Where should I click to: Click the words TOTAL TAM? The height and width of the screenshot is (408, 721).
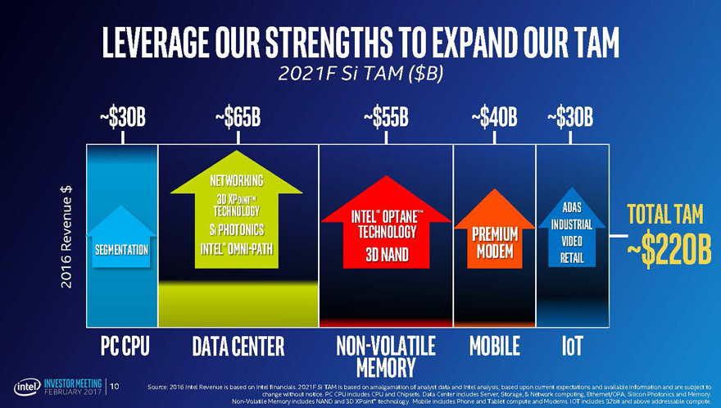click(665, 215)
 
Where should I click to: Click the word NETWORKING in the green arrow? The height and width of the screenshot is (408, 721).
click(236, 180)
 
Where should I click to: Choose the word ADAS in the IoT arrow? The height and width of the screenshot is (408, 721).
click(573, 207)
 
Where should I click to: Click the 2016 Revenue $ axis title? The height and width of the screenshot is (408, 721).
click(65, 238)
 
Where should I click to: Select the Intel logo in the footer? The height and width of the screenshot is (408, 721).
click(26, 386)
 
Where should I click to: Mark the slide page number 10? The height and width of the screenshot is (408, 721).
click(115, 386)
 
